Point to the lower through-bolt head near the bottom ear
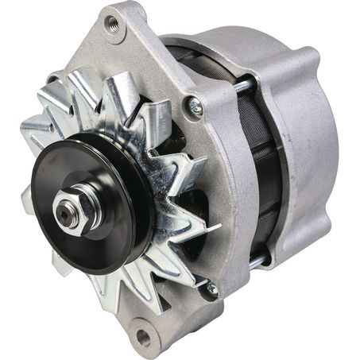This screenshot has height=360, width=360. click(x=211, y=290)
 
